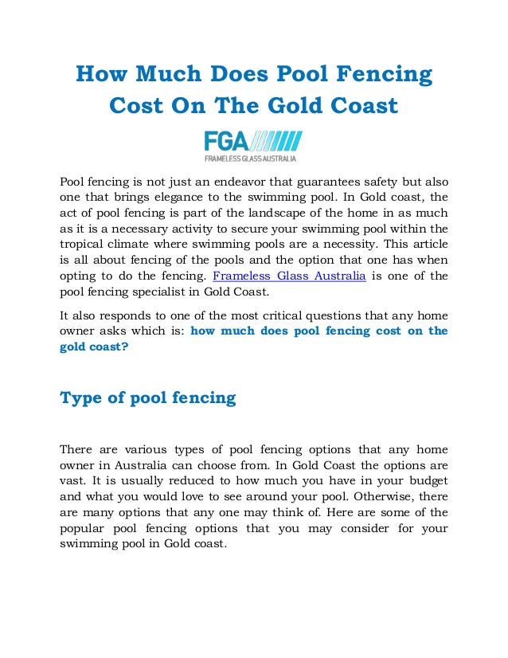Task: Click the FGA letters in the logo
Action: coord(226,142)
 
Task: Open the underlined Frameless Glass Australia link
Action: coord(289,276)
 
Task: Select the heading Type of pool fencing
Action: coord(148,398)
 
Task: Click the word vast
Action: coord(72,468)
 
